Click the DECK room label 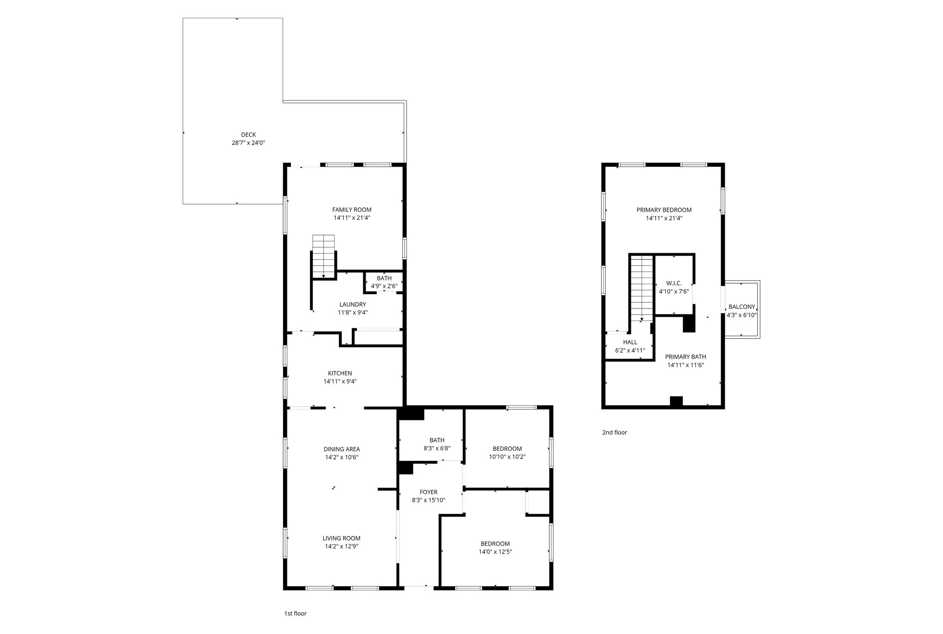pos(248,135)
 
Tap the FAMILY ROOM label pos(352,210)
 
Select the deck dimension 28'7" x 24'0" pos(248,143)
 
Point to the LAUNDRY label pos(353,304)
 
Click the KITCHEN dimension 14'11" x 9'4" pos(340,382)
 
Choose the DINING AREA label pos(342,449)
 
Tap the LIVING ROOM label pos(341,538)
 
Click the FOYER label pos(429,492)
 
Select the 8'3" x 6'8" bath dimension pos(437,448)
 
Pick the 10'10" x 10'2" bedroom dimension pos(507,457)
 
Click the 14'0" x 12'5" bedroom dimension pos(495,552)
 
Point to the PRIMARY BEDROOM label pos(664,210)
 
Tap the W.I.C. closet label pos(674,283)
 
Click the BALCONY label pos(742,307)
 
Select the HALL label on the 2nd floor pos(630,342)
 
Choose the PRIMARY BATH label pos(686,357)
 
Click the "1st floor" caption pos(295,614)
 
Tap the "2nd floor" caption pos(615,432)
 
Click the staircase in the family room pos(324,256)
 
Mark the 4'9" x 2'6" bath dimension pos(384,286)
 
